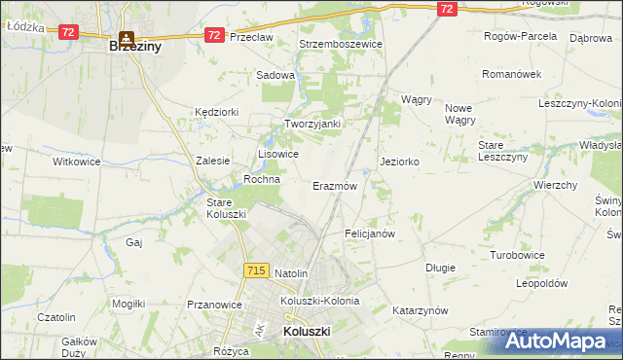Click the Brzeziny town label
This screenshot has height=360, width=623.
tap(134, 46)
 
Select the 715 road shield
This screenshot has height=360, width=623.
tap(257, 270)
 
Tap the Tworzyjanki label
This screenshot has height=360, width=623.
tap(311, 124)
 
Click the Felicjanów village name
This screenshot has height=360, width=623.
tap(369, 234)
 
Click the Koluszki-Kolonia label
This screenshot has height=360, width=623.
tap(319, 301)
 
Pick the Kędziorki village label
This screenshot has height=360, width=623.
tap(216, 112)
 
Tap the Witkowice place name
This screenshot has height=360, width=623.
tap(77, 162)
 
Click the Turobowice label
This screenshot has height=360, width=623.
tap(516, 254)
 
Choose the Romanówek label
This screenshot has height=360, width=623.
tap(511, 73)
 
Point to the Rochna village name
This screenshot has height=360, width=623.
tap(262, 179)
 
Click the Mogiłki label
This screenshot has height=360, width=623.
tap(128, 304)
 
